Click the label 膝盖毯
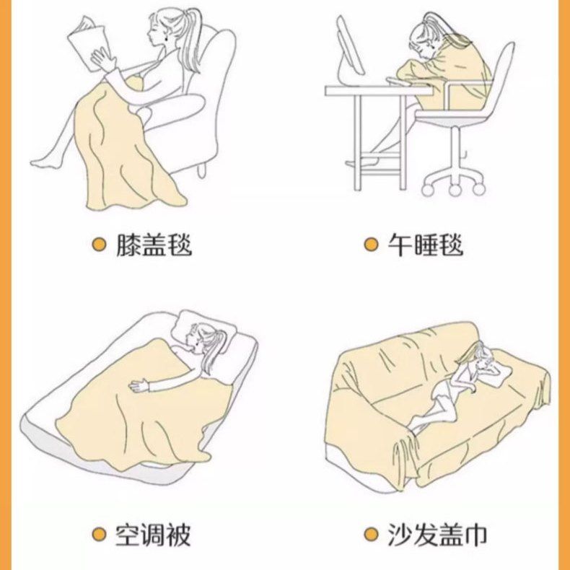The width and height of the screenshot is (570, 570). click(x=154, y=245)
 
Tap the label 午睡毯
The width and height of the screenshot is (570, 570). click(x=426, y=245)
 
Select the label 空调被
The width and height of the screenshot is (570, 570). click(x=153, y=535)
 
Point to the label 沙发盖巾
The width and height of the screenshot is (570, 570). click(x=437, y=535)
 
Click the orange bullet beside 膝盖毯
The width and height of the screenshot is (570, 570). click(x=99, y=245)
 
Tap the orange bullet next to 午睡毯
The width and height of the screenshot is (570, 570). click(x=371, y=245)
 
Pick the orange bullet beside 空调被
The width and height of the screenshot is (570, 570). click(x=99, y=535)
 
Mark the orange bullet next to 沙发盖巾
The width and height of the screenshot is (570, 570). click(x=371, y=535)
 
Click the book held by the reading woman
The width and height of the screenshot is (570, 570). click(x=87, y=42)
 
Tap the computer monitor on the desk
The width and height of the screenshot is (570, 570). click(x=349, y=49)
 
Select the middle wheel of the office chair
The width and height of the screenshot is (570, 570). click(x=455, y=189)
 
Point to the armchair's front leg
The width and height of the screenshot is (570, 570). click(x=202, y=170)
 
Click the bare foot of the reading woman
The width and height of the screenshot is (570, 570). click(x=45, y=162)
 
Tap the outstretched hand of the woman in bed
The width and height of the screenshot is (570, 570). click(x=139, y=386)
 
